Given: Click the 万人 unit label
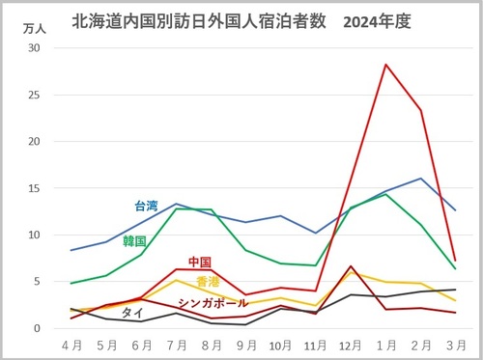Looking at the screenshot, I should coord(34,29).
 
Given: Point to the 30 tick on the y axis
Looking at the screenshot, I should coord(35,48).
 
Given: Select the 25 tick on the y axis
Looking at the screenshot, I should coord(35,95).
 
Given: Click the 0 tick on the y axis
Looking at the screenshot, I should coord(39,328).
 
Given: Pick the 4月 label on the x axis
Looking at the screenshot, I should coord(72,345).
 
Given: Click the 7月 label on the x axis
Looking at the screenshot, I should coord(177,345).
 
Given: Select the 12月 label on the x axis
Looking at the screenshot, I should coord(351,345).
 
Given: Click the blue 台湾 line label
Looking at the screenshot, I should coord(145,206).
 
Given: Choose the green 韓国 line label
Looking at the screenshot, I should coord(134,240).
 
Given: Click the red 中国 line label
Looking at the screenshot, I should coord(200,262).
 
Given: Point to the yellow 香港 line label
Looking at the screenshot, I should coord(208,282).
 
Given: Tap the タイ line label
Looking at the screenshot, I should coord(132,313).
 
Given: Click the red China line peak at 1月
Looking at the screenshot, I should coord(385,65).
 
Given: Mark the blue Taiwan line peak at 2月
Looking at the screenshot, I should coord(420,179).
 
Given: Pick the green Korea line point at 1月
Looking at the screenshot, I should coord(385,194).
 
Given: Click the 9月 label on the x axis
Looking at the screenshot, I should coord(246,345).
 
